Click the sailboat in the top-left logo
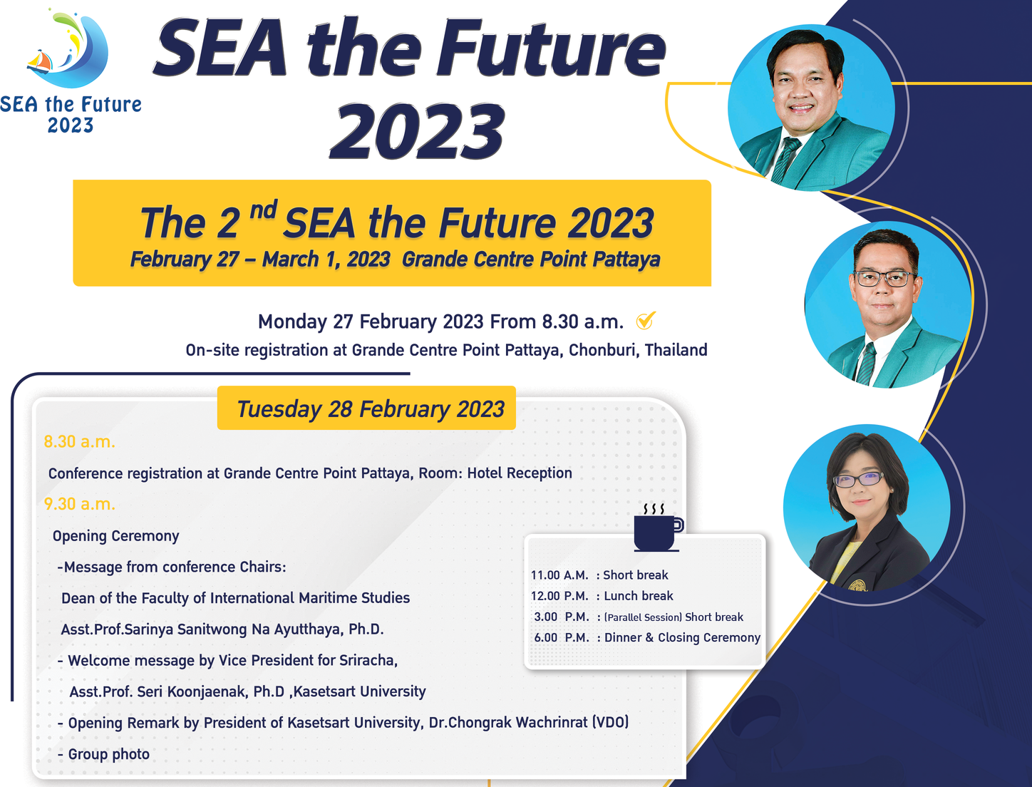pos(40,61)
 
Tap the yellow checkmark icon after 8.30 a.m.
pos(645,322)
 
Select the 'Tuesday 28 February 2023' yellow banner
pos(366,408)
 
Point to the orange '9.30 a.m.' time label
pos(79,504)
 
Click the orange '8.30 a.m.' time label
pos(79,442)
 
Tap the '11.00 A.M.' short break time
pos(559,575)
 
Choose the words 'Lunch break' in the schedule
pos(638,596)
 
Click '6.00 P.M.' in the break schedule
pos(561,637)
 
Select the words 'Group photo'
pos(108,754)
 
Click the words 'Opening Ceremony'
pos(115,536)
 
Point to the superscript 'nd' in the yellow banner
pos(263,210)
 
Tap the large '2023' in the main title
pos(418,131)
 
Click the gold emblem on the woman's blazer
pos(857,585)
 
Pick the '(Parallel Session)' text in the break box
pos(644,617)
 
